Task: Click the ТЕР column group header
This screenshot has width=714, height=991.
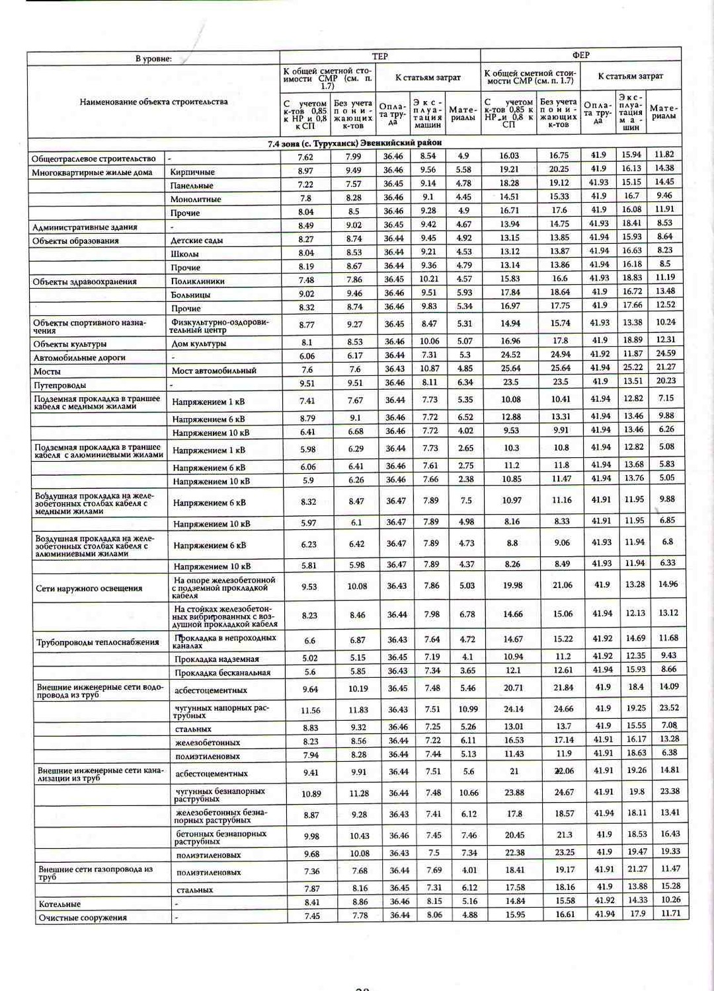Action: coord(379,56)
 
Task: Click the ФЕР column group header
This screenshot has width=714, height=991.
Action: coord(580,55)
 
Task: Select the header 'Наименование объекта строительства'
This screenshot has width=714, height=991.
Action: coord(153,102)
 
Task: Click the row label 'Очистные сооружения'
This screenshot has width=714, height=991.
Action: coord(83,918)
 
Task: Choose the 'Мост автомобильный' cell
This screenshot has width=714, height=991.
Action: coord(214,371)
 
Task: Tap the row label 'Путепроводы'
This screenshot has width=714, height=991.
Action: coord(60,385)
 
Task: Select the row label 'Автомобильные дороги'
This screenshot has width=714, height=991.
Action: coord(79,357)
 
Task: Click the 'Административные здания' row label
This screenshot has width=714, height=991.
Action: coord(85,227)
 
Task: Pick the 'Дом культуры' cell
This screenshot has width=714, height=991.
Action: coord(199,344)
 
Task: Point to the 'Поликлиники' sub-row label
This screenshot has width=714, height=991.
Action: coord(198,281)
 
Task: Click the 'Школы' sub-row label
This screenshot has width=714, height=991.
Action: coord(184,254)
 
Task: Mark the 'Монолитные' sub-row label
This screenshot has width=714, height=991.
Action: coord(196,199)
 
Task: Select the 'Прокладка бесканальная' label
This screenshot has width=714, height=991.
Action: coord(222,673)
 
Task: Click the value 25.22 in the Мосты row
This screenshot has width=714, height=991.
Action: coord(632,367)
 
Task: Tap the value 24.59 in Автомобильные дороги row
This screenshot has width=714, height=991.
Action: coord(665,353)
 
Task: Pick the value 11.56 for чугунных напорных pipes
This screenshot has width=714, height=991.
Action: coord(310,710)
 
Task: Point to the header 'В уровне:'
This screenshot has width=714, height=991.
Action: coord(153,59)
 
